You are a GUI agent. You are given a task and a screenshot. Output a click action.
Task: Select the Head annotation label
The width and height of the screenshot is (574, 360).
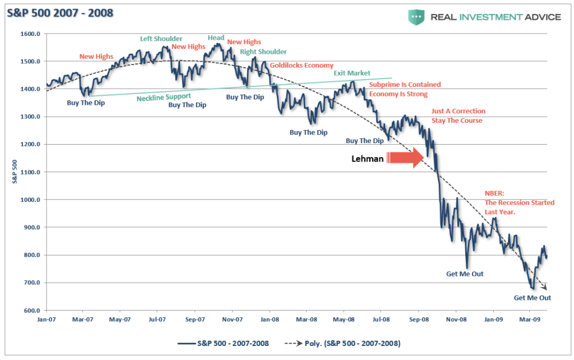216,38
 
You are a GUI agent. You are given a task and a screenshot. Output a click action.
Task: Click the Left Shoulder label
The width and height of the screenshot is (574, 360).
161,39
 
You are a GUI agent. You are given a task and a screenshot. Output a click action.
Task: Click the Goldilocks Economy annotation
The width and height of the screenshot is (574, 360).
302,65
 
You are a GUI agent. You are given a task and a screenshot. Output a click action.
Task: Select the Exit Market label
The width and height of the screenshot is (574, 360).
351,73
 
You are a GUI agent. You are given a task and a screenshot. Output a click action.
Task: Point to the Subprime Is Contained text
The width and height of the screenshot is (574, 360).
405,85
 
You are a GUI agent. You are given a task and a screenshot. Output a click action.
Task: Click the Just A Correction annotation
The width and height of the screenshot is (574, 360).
458,111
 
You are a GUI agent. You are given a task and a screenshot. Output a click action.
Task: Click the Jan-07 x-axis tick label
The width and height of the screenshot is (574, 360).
47,320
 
